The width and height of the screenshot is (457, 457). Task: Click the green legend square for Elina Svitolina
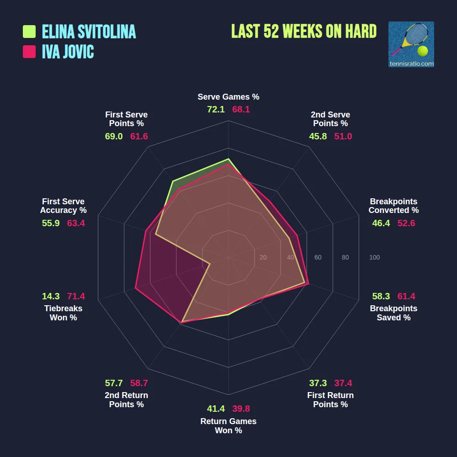(x=29, y=32)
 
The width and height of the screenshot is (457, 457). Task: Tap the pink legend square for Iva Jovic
(x=29, y=52)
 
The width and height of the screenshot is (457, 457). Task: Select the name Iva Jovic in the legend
(x=68, y=52)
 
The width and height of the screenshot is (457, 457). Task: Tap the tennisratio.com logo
(x=411, y=44)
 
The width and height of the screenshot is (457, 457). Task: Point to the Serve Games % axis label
(x=228, y=97)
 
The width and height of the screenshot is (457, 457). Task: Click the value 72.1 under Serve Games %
(x=216, y=110)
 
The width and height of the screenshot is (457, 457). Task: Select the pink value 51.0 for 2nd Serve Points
(x=343, y=136)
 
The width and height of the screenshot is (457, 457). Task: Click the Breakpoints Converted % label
(x=393, y=206)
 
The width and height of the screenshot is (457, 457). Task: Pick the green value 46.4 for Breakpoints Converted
(x=381, y=223)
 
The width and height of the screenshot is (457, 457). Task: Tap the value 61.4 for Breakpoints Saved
(x=406, y=296)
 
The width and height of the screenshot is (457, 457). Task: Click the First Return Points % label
(x=330, y=400)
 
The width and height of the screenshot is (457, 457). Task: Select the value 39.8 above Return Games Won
(x=241, y=409)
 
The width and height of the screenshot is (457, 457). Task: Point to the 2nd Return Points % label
(x=126, y=400)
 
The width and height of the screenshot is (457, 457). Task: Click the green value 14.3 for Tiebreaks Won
(x=51, y=296)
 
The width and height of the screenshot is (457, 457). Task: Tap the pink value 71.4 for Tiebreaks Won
(x=76, y=296)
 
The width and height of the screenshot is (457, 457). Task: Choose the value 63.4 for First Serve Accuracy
(x=76, y=223)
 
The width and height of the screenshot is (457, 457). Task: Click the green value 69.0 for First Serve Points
(x=114, y=136)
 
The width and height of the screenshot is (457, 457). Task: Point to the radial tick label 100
(x=374, y=258)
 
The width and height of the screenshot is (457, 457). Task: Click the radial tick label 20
(x=263, y=258)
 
